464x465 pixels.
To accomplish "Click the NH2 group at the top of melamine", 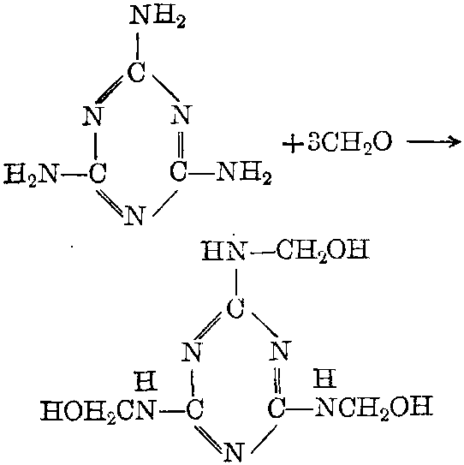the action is tap(158, 16).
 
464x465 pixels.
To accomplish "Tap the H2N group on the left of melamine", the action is tap(31, 175).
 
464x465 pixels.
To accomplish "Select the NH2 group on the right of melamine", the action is tap(244, 173).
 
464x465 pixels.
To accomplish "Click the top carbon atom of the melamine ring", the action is tap(137, 72).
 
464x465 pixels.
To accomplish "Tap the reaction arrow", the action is tap(433, 142).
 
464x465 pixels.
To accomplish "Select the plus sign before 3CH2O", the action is tap(293, 144).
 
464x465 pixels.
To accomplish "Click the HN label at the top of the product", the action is tap(223, 250).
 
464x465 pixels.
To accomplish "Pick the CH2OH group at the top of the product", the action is tap(323, 250).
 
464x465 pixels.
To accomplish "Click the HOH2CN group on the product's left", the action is tap(98, 410).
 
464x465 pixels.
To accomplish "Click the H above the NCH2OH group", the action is tap(325, 378).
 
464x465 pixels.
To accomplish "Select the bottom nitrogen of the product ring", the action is tap(235, 452).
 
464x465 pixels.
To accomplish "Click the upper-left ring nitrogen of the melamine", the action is tap(92, 116).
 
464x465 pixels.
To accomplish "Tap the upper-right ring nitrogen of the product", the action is tap(281, 350).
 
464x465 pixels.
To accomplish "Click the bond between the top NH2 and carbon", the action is tap(137, 46).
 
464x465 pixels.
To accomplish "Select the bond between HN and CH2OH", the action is tap(263, 253).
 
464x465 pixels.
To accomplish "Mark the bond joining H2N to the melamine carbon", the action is tap(74, 175).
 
